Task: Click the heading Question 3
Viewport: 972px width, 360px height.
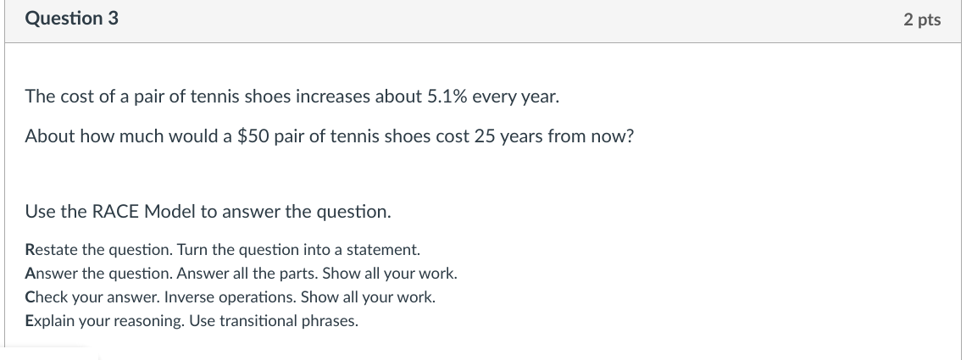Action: coord(71,18)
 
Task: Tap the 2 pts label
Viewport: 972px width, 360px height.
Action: coord(922,19)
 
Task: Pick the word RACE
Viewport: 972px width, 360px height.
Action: coord(116,212)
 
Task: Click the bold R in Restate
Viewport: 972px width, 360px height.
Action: coord(31,251)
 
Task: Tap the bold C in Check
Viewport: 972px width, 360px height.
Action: coord(31,298)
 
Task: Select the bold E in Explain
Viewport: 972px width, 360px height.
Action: coord(30,322)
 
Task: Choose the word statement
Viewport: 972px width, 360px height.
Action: coord(387,251)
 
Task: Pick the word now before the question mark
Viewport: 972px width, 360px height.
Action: coord(614,136)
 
